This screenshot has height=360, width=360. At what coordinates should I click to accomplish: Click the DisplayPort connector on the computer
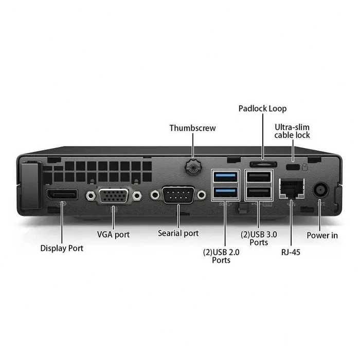point(62,194)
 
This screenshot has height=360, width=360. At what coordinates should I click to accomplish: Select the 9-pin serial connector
point(178,195)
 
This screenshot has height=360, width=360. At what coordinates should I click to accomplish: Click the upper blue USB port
point(225,177)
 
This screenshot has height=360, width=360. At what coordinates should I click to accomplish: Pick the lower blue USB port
point(225,192)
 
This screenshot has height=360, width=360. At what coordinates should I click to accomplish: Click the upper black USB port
point(259,177)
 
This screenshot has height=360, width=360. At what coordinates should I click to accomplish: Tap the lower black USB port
point(259,192)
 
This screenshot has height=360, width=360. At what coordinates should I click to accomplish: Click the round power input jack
point(321,190)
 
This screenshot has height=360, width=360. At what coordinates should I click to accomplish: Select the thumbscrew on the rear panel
point(193,167)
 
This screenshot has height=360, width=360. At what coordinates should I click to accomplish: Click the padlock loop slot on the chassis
point(263,164)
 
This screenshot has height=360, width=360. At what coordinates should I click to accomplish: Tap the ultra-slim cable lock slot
point(293,167)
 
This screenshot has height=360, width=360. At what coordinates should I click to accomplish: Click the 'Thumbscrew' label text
point(193,128)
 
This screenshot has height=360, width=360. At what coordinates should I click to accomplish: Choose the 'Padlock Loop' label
point(262,109)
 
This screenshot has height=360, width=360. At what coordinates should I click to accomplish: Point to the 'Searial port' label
point(178,233)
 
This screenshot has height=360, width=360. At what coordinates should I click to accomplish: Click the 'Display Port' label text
point(62,248)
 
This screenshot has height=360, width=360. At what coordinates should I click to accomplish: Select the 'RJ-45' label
point(291,252)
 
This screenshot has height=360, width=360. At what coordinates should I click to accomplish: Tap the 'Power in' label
point(322,236)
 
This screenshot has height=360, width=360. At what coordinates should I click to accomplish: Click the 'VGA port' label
point(113,235)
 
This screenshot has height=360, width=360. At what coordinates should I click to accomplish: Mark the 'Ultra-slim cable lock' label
point(292,131)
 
